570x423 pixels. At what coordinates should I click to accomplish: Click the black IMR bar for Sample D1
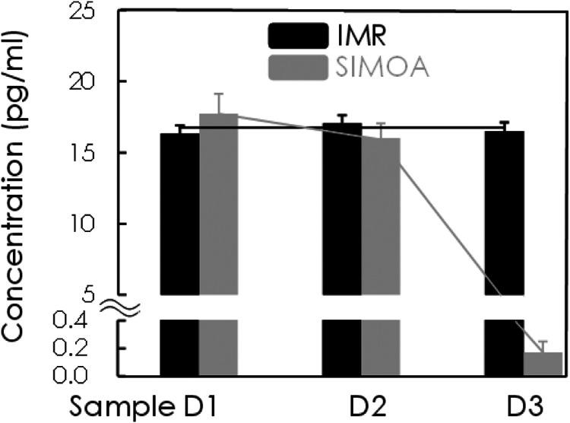point(179,228)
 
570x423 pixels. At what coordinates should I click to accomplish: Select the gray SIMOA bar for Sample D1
point(219,228)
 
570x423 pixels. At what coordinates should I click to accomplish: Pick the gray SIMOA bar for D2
point(381,228)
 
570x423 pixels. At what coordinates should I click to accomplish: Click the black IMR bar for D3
point(504,228)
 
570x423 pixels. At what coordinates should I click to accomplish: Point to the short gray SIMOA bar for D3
point(543,364)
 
